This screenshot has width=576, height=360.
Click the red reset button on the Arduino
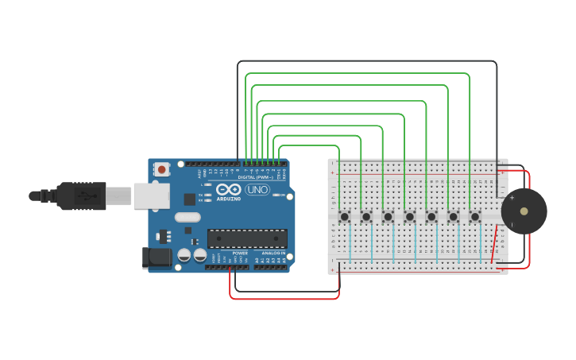coord(162,169)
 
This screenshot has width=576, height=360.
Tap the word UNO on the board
coord(257,190)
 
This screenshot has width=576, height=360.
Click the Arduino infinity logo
coord(228,190)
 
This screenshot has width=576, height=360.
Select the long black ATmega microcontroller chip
coord(247,238)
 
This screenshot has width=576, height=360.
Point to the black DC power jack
coord(156,257)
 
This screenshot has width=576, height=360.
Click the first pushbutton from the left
coord(345,216)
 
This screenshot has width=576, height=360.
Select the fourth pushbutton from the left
coord(410,216)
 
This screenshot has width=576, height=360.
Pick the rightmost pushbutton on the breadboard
coord(475,216)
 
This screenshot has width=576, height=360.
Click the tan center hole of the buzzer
coord(524,211)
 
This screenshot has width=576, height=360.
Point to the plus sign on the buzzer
coord(512,198)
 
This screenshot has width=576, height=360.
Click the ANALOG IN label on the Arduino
coord(272,253)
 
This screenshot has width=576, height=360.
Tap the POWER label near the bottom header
coord(239,253)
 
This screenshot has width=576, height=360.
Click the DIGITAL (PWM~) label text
coord(254,177)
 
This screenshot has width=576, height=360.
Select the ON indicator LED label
coord(282,195)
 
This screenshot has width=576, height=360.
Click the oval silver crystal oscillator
coord(187,217)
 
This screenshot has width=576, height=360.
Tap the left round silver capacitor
coord(184,255)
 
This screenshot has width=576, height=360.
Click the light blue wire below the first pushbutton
coord(350,242)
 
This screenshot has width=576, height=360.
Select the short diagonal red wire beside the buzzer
coord(495,245)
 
